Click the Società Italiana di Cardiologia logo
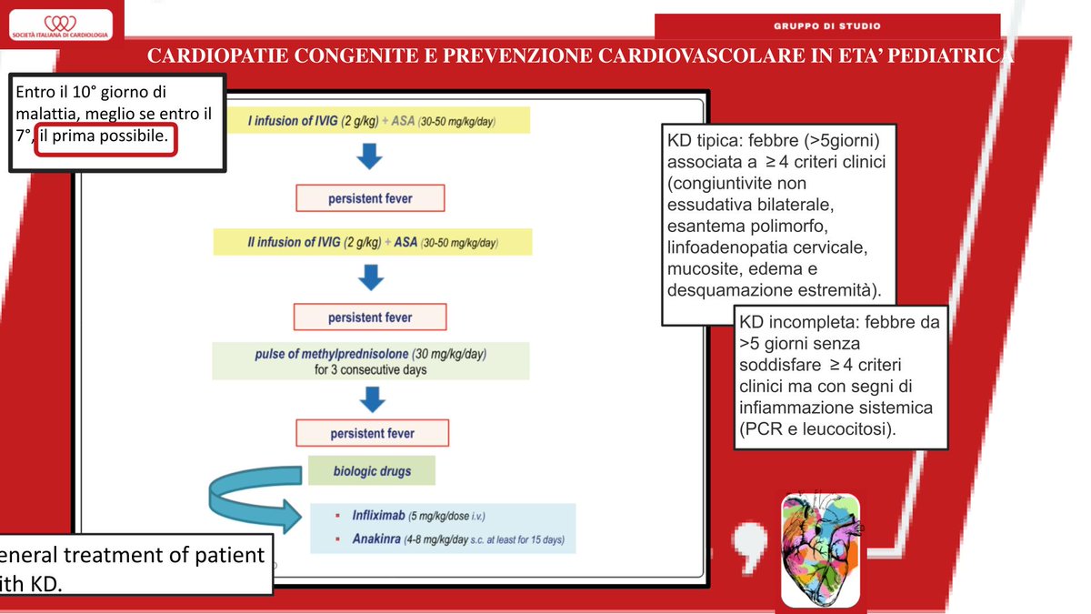point(60,25)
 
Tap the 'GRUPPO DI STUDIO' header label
point(826,25)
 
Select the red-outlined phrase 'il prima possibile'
point(105,137)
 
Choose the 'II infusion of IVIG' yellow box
point(372,243)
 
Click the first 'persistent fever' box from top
point(370,198)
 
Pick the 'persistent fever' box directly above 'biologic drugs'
point(372,433)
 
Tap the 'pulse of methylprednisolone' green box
point(371,361)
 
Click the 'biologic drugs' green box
point(371,471)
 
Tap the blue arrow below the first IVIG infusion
point(370,156)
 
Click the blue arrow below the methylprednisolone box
point(371,398)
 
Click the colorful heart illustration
point(819,549)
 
